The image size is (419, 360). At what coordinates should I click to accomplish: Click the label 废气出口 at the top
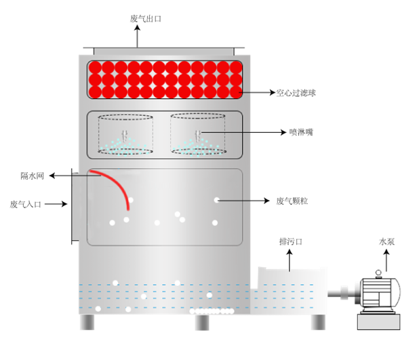tap(145, 18)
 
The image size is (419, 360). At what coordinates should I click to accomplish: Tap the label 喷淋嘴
tap(300, 132)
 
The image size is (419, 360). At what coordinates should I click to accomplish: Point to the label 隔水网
tap(32, 176)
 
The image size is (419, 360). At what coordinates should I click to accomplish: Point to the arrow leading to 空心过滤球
tap(258, 92)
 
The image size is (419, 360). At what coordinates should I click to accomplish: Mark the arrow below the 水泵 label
tap(386, 259)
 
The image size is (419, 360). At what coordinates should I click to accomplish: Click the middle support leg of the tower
tap(199, 322)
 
